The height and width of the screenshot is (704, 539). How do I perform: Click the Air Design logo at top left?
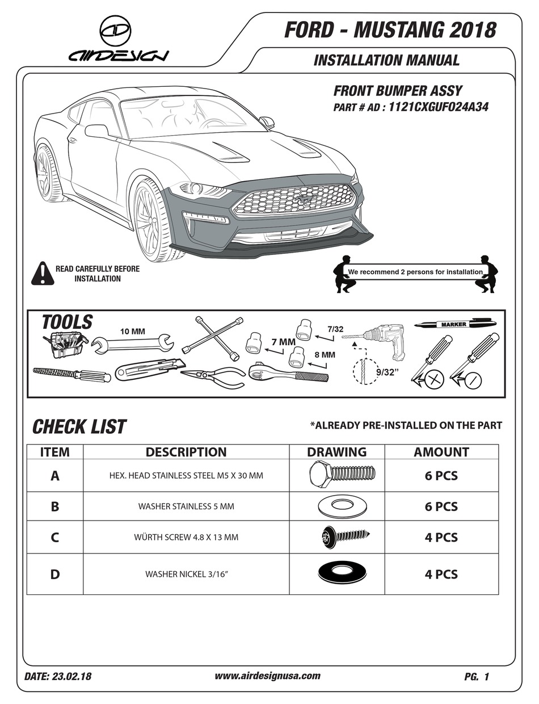(118, 40)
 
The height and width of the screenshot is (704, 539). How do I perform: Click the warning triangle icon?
(43, 274)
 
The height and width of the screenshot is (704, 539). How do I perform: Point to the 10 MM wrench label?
(132, 331)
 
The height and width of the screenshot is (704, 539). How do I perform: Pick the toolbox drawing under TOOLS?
(64, 344)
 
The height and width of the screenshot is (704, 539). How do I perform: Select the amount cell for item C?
(441, 537)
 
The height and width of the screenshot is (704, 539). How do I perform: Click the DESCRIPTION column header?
(186, 452)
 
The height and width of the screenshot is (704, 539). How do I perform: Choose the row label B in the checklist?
(55, 506)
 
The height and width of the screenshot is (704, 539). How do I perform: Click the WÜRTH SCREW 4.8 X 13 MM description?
(186, 537)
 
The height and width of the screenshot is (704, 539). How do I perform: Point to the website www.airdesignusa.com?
(268, 676)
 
